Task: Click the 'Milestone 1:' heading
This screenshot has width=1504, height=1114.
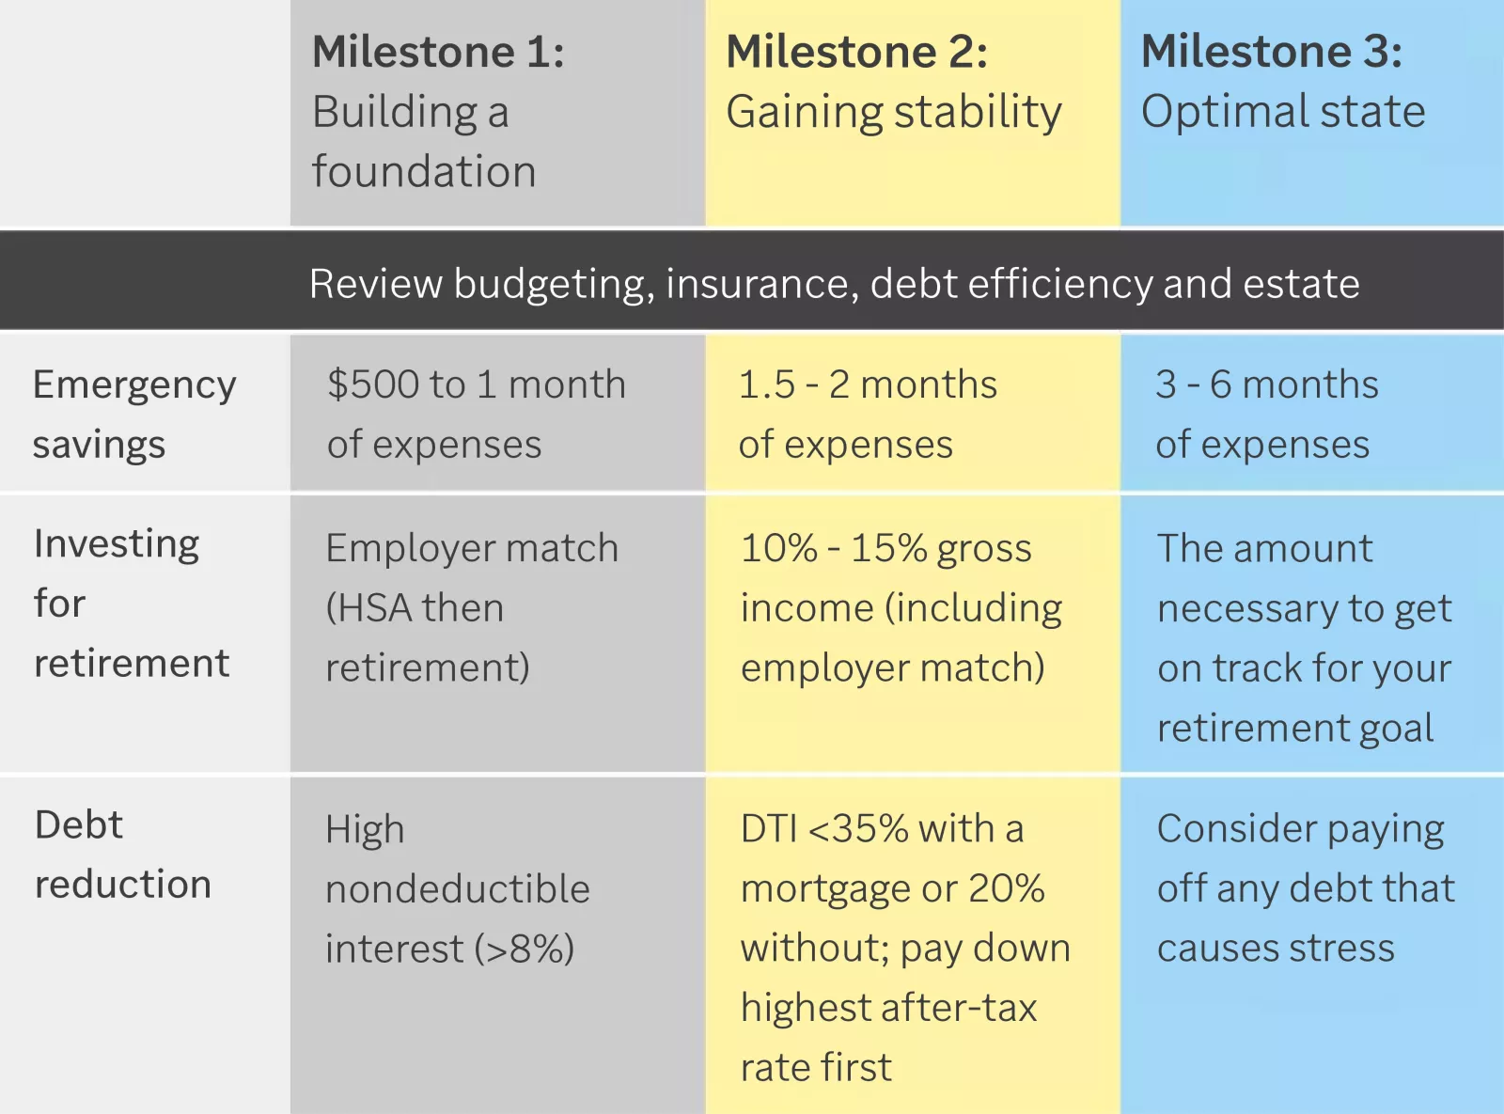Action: coord(438,52)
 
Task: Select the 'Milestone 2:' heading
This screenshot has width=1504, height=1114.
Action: coord(856,52)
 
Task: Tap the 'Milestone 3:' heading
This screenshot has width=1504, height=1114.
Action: coord(1271,52)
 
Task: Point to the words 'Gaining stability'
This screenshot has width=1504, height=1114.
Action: coord(893,112)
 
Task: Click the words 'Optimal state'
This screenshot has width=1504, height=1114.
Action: coord(1282,112)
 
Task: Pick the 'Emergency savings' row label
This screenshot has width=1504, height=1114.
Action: coord(133,414)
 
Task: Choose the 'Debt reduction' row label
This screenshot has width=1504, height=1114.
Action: coord(122,854)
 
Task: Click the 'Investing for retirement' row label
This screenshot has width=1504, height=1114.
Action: coord(131,603)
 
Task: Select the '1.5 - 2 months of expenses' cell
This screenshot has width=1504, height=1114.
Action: coord(867,414)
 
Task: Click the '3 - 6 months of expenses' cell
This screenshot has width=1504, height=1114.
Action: coord(1266,414)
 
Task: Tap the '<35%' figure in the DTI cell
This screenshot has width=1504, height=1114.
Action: coord(858,829)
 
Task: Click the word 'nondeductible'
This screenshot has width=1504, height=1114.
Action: coord(457,889)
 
